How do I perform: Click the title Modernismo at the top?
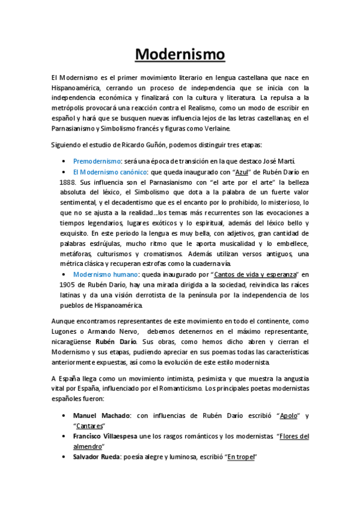tap(180, 55)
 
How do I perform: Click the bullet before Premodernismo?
tap(64, 162)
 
